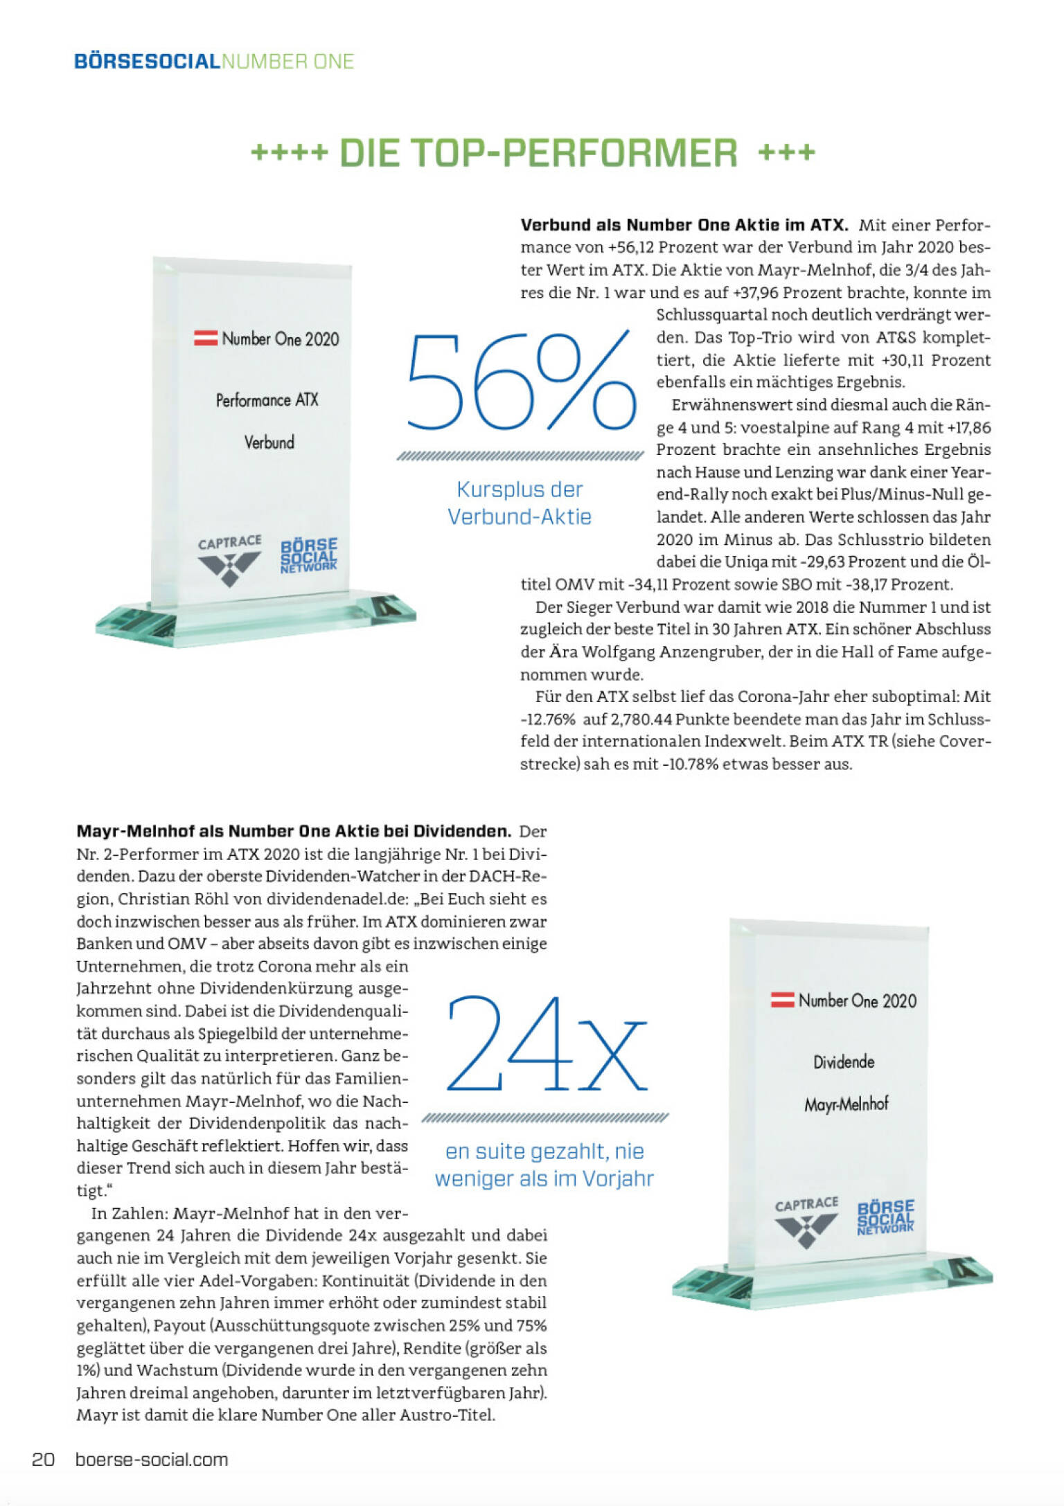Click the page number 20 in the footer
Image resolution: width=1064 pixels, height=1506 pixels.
(x=43, y=1459)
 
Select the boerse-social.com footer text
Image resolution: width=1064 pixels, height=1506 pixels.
(x=152, y=1459)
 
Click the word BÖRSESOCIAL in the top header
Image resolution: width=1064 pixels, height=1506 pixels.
(x=147, y=62)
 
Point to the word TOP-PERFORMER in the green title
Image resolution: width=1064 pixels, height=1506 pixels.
(x=538, y=153)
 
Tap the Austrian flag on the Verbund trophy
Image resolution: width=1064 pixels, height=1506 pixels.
(x=206, y=339)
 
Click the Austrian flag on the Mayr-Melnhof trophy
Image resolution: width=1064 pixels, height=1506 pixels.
(x=783, y=1000)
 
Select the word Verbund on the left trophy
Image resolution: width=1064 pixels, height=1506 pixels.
(x=269, y=442)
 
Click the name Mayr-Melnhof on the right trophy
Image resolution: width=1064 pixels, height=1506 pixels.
(x=846, y=1104)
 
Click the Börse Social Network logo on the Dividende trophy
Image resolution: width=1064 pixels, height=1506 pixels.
(x=885, y=1217)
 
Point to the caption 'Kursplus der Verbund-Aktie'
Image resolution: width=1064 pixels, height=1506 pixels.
(x=520, y=503)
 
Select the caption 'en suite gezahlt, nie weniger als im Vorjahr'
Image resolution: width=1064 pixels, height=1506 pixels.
(x=544, y=1165)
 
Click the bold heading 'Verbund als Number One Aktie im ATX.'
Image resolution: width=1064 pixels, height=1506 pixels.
(x=684, y=225)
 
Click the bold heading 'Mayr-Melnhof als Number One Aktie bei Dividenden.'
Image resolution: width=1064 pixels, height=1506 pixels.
(x=294, y=831)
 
